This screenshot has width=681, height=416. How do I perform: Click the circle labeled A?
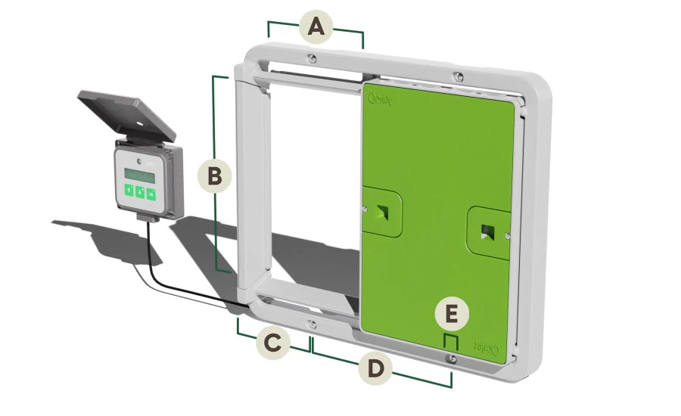[x=316, y=28]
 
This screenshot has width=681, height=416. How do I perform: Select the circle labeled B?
[x=214, y=176]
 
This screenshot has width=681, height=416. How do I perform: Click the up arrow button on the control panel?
[x=129, y=191]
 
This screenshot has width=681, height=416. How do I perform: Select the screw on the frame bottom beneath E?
[x=452, y=361]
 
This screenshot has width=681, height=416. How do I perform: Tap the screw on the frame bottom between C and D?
[x=312, y=325]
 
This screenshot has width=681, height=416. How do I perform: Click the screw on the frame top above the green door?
[x=456, y=75]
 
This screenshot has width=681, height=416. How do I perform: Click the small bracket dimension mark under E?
[x=451, y=342]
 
